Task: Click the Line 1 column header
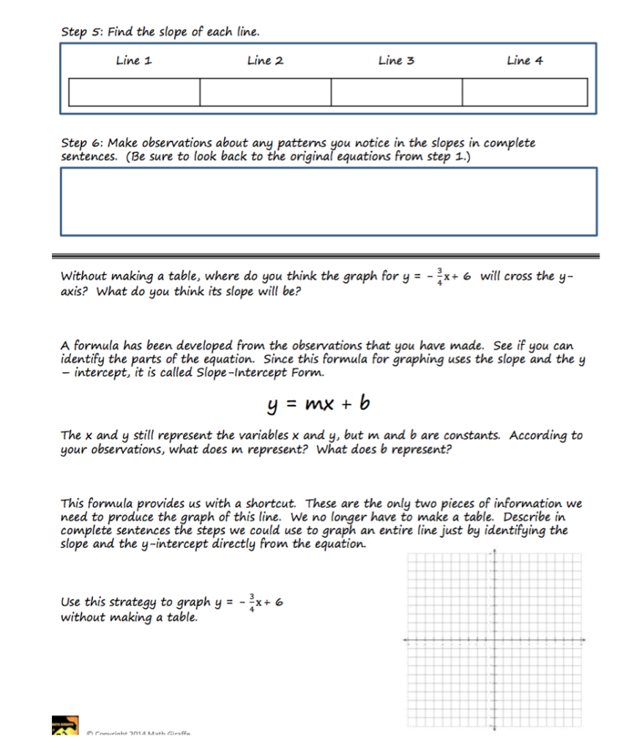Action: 134,61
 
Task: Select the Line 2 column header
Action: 265,61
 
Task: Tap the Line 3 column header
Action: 396,61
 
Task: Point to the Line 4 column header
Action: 525,61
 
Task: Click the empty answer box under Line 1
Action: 134,92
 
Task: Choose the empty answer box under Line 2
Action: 265,92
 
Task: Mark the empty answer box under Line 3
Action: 396,92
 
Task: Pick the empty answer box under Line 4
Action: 524,92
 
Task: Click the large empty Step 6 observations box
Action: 328,201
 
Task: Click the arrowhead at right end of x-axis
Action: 585,641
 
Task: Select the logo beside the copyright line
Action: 64,727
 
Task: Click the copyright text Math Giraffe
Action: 139,733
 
